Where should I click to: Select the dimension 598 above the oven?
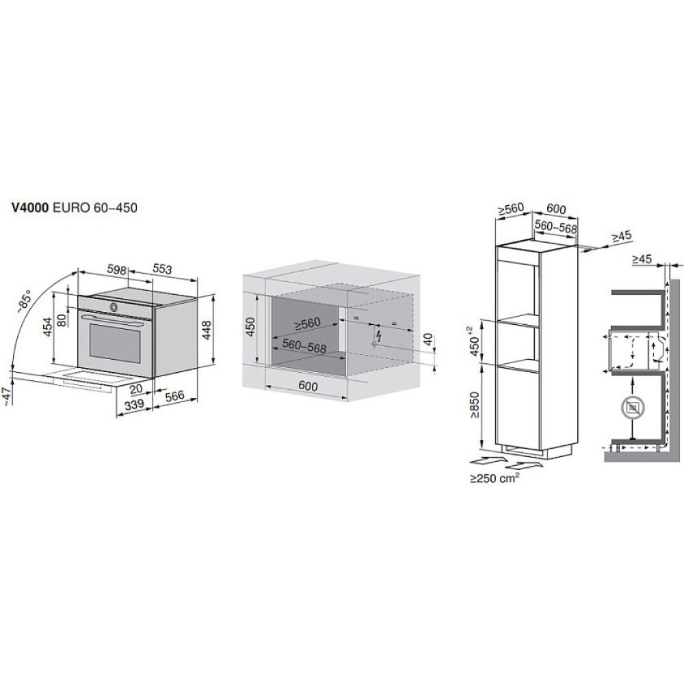pyautogui.click(x=117, y=270)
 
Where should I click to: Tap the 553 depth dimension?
pyautogui.click(x=161, y=270)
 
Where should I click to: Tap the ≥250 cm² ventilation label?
pyautogui.click(x=495, y=479)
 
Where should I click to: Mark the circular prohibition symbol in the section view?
pyautogui.click(x=631, y=408)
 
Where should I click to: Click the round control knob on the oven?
pyautogui.click(x=114, y=306)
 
